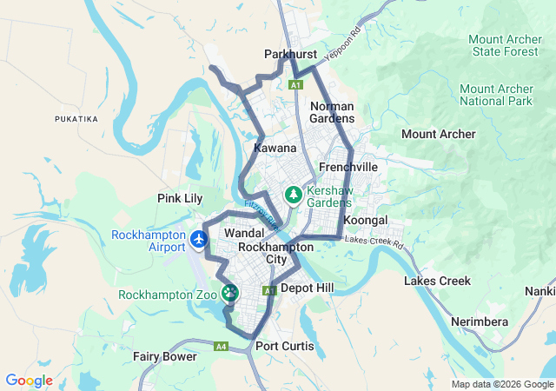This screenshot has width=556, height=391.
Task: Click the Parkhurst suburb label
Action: pyautogui.click(x=291, y=55)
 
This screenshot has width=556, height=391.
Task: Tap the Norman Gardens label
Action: pyautogui.click(x=332, y=112)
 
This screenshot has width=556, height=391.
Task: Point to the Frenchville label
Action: pyautogui.click(x=348, y=166)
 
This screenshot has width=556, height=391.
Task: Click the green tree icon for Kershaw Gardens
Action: pyautogui.click(x=295, y=195)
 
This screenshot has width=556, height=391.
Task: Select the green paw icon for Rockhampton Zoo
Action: pyautogui.click(x=230, y=294)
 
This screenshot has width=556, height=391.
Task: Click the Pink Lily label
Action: pyautogui.click(x=180, y=198)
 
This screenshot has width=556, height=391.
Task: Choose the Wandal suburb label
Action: pyautogui.click(x=244, y=235)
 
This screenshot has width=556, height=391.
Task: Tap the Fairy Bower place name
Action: pyautogui.click(x=164, y=356)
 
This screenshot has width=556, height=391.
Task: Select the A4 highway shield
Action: pyautogui.click(x=222, y=346)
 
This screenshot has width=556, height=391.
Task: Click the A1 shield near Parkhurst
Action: pyautogui.click(x=295, y=85)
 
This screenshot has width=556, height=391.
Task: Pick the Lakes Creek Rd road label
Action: pyautogui.click(x=374, y=241)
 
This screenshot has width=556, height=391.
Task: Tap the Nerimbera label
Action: pyautogui.click(x=480, y=321)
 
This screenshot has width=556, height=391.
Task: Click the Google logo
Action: pyautogui.click(x=29, y=381)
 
